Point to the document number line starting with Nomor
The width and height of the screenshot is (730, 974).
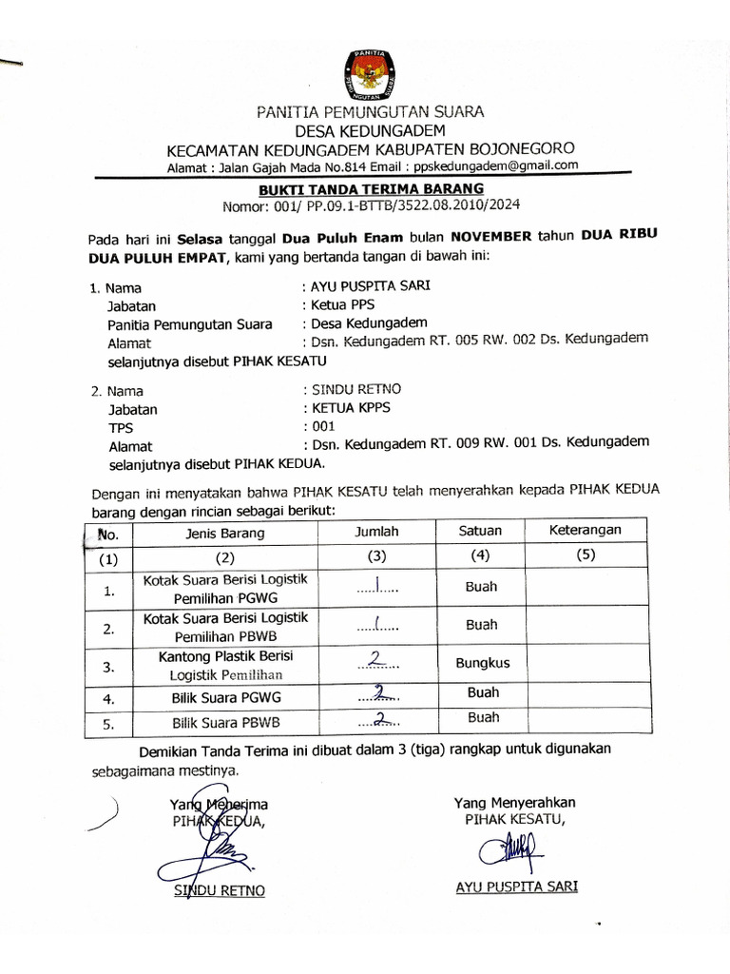coord(371,204)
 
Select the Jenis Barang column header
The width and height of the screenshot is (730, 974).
coord(225,534)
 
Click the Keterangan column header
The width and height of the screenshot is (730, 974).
coord(585,530)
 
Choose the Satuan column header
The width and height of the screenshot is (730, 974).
coord(480,531)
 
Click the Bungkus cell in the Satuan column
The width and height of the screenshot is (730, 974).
coord(482,663)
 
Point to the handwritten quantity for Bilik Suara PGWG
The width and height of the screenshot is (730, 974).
coord(377,695)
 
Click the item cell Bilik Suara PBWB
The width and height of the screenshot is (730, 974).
coord(225,723)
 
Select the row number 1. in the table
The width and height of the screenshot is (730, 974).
coord(109,591)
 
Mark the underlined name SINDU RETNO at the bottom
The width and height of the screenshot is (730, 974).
coord(220,890)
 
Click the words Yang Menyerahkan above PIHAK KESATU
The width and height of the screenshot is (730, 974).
coord(514,803)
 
